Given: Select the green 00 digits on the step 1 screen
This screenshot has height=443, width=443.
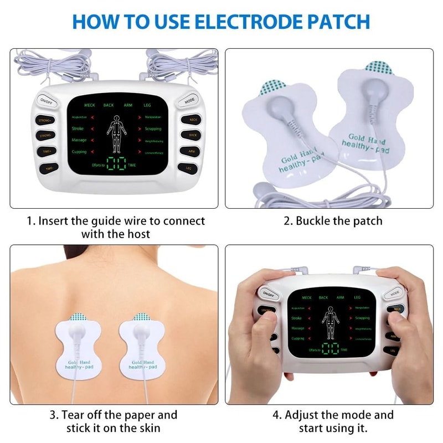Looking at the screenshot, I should click(116, 164).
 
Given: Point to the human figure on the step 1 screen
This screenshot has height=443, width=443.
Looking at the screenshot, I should click(116, 133).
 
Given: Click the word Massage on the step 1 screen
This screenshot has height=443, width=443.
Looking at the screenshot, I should click(79, 140).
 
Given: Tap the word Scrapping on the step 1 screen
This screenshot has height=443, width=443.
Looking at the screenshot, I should click(153, 128).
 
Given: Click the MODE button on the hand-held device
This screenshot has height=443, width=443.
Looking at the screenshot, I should click(395, 292).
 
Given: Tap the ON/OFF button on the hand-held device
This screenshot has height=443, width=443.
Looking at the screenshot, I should click(268, 293).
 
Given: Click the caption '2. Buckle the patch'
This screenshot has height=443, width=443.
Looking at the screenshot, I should click(333, 220).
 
